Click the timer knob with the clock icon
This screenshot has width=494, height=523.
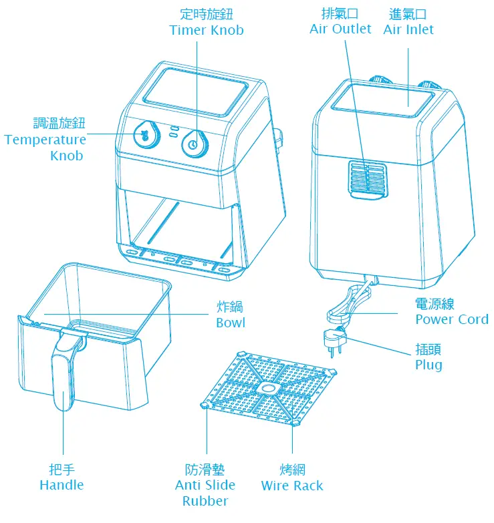click(193, 142)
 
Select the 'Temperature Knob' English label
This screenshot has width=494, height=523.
click(45, 147)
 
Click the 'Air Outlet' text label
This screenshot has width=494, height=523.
click(340, 29)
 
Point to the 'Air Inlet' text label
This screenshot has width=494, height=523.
click(408, 29)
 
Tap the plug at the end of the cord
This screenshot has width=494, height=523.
click(332, 338)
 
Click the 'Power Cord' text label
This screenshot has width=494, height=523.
click(451, 319)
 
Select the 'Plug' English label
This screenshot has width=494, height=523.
click(428, 365)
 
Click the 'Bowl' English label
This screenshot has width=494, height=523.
click(230, 323)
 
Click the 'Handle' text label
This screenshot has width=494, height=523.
click(61, 485)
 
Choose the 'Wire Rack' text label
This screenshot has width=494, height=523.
click(292, 486)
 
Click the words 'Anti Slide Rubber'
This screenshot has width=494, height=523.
click(205, 493)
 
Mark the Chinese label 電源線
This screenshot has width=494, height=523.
click(435, 303)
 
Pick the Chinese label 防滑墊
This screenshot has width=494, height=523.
click(205, 470)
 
